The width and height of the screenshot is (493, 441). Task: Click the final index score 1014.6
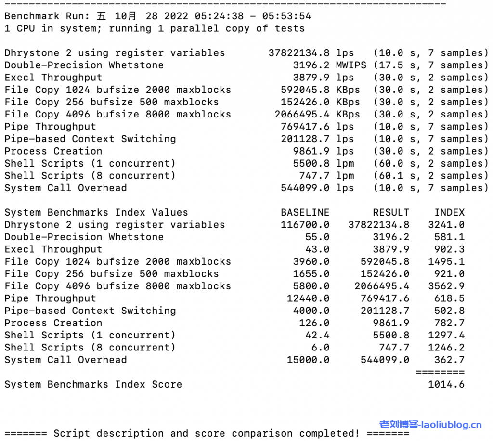pos(446,384)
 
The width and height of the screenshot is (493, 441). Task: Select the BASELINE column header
pos(305,212)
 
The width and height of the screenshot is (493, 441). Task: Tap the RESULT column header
pos(391,212)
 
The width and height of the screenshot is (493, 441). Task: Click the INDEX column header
pos(449,212)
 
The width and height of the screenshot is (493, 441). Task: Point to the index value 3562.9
pos(446,286)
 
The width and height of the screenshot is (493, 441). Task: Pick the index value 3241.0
pos(446,225)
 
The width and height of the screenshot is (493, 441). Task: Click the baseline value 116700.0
pos(305,225)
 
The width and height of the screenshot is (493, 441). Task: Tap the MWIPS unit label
pos(351,65)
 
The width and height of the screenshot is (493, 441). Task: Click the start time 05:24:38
pos(225,16)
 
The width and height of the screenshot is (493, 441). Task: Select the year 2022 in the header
pos(176,16)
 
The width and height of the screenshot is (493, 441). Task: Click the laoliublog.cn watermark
pos(430,425)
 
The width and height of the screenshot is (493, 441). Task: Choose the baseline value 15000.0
pos(308,360)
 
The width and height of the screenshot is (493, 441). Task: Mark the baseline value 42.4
pos(317,335)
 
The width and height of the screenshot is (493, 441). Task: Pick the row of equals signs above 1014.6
pos(440,372)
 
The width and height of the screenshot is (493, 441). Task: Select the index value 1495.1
pos(446,261)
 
